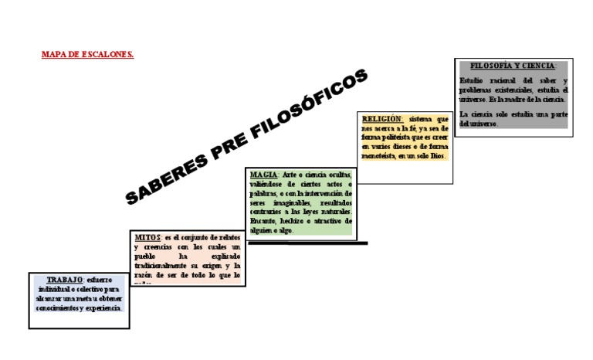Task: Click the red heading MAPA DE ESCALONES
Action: click(86, 55)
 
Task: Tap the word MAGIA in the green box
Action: click(263, 175)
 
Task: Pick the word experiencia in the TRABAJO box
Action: click(104, 307)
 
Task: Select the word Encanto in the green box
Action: click(264, 220)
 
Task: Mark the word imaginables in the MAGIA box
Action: click(290, 202)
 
